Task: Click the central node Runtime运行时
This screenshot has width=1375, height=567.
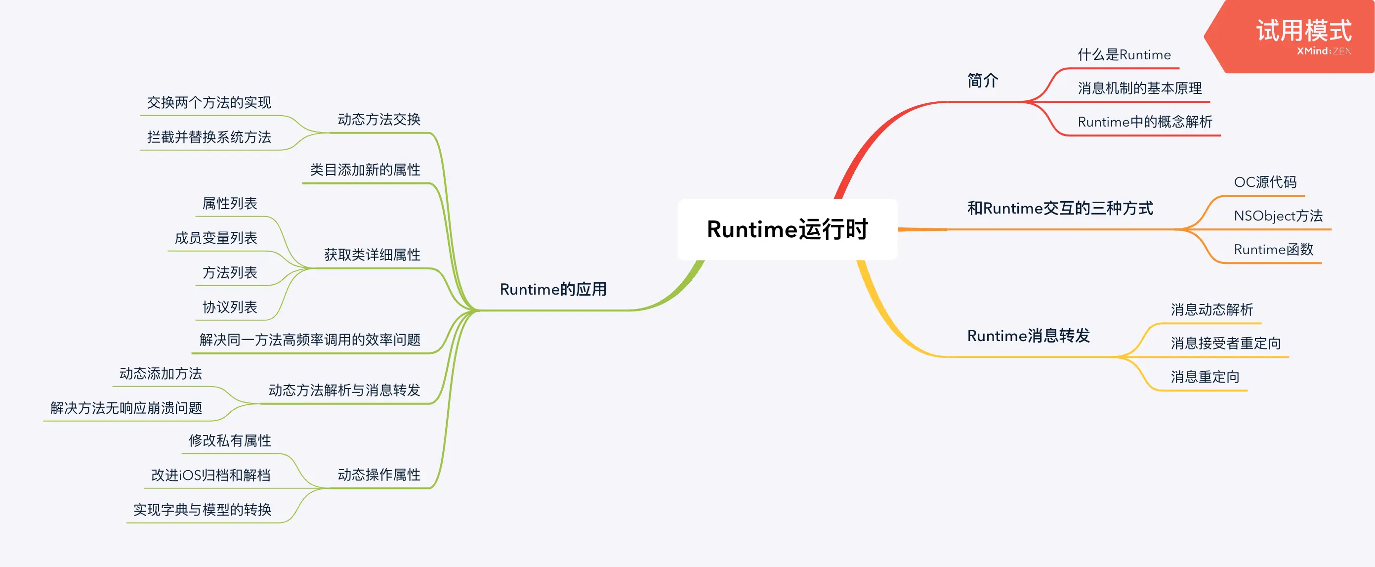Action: coord(788,229)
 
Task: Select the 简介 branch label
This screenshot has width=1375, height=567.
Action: coord(982,81)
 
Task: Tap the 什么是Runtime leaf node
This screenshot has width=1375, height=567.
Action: coord(1124,55)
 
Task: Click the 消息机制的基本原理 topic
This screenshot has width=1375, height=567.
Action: coord(1140,88)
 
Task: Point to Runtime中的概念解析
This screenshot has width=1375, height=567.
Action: coord(1144,122)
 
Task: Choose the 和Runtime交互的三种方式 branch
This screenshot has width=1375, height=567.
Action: coord(1060,208)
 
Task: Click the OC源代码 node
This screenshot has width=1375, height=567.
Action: coord(1264,182)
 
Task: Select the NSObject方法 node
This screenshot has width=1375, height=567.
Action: coord(1278,216)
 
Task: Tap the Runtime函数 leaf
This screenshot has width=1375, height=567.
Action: coord(1273,250)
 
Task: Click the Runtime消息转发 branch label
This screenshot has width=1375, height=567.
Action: coord(1028,336)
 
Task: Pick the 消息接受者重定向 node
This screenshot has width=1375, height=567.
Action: coord(1225,343)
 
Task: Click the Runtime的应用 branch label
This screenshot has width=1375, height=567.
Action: coord(553,289)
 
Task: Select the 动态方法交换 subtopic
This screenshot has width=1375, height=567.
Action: coord(379,120)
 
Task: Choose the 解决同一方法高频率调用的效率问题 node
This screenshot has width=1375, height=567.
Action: coord(310,340)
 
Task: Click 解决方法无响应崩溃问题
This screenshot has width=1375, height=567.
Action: coord(126,408)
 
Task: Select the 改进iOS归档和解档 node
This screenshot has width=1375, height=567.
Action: coord(211,475)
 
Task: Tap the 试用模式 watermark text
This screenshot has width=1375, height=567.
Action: coord(1303,31)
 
